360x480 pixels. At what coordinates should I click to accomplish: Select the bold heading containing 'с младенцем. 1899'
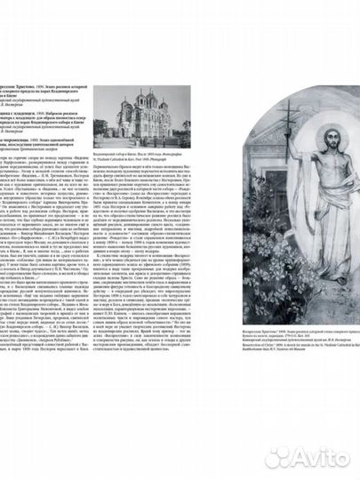[x=44, y=96]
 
